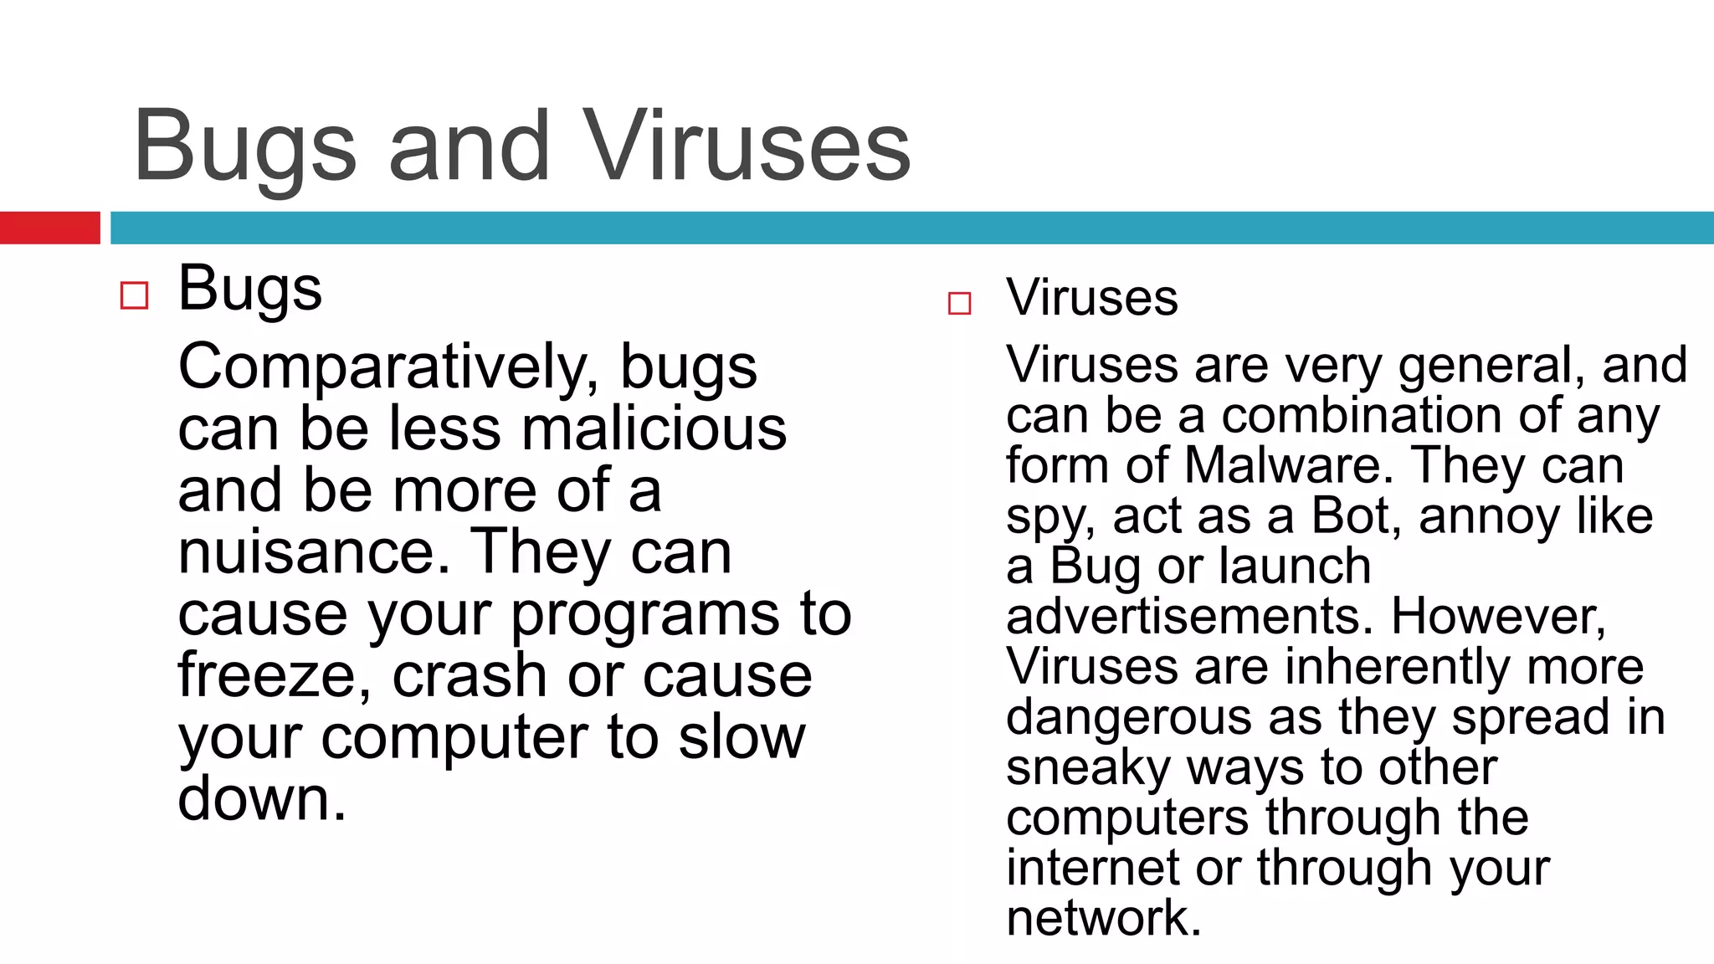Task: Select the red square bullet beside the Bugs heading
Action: click(x=134, y=295)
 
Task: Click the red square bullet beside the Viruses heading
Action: click(x=959, y=303)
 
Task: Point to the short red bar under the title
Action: click(x=49, y=228)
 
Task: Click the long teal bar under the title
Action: click(x=911, y=228)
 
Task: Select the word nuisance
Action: click(x=306, y=552)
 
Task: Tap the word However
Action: click(x=1498, y=617)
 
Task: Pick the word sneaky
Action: click(x=1087, y=768)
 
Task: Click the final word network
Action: click(x=1103, y=918)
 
